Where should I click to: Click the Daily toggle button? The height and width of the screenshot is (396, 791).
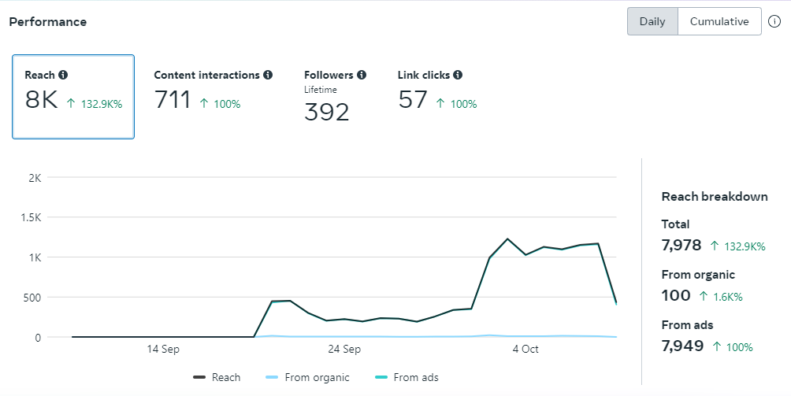pos(652,21)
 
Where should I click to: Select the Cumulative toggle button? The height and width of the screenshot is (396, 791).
pos(719,21)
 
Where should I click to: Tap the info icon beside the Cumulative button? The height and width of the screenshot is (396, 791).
pos(774,21)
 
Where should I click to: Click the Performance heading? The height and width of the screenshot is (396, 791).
pos(48,22)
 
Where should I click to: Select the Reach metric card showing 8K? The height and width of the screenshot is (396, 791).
pos(73,97)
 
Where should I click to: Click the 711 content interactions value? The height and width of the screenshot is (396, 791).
pos(173,101)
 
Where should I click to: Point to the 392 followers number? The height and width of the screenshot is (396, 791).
pos(326,112)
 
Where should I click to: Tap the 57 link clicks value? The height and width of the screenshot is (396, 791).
pos(413,101)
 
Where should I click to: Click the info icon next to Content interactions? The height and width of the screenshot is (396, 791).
pos(268,75)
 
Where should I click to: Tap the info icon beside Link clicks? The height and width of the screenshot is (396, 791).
pos(458,75)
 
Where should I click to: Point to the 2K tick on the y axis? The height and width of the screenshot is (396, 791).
pos(34,177)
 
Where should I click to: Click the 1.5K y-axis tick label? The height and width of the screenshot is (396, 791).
pos(30,217)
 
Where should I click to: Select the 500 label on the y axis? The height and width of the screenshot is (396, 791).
pos(31,298)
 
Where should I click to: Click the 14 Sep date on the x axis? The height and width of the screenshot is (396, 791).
pos(163,349)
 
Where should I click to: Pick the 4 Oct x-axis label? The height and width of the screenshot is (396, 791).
pos(525,349)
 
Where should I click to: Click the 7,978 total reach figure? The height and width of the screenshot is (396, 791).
pos(681,245)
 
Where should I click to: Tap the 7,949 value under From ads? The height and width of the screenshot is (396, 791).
pos(681,346)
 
